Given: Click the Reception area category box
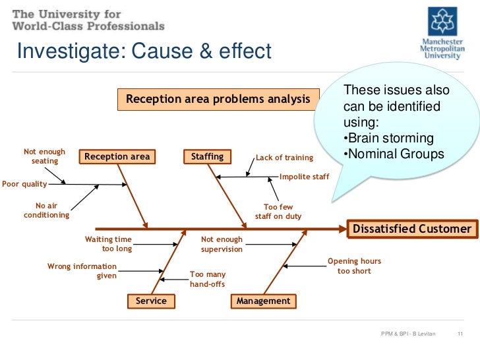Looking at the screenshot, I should point(115,157).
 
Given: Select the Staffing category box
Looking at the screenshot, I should point(207,157).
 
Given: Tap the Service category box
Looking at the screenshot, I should point(151,301).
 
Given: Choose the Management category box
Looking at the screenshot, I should point(263,301).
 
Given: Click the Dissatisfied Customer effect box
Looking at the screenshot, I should point(413,229).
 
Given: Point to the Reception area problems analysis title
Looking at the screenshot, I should point(218,100).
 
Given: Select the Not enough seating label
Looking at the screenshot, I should point(45,156).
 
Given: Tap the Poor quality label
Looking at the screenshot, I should point(24,184).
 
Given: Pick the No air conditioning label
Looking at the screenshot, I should point(46,210).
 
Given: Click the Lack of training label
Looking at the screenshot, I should point(285,158).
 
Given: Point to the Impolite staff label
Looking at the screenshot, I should point(304,177).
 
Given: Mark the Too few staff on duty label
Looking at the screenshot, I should point(278,212).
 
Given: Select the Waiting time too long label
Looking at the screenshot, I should point(109,244).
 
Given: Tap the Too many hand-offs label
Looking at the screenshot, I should point(208,279).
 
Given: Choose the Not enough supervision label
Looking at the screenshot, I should point(222,244).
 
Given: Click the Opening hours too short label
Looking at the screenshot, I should point(354,266).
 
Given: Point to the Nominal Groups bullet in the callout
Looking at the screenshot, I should point(394,154).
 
